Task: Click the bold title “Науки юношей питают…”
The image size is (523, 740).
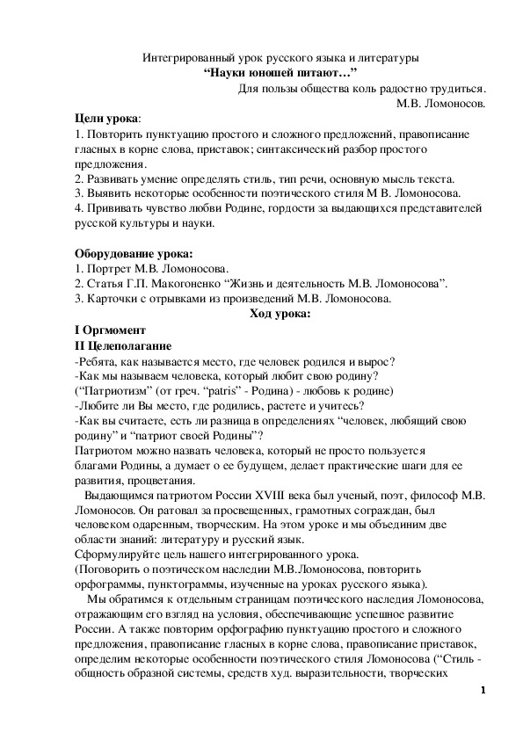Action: (281, 73)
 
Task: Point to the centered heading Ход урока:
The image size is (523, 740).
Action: (280, 313)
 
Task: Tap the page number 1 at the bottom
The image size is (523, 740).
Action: (483, 690)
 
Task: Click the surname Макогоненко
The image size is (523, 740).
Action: (198, 283)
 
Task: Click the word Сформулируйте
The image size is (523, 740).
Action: (120, 555)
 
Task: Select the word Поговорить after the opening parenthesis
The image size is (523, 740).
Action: (113, 570)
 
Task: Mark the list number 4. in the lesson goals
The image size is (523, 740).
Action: (78, 208)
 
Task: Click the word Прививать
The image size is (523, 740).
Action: (113, 208)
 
